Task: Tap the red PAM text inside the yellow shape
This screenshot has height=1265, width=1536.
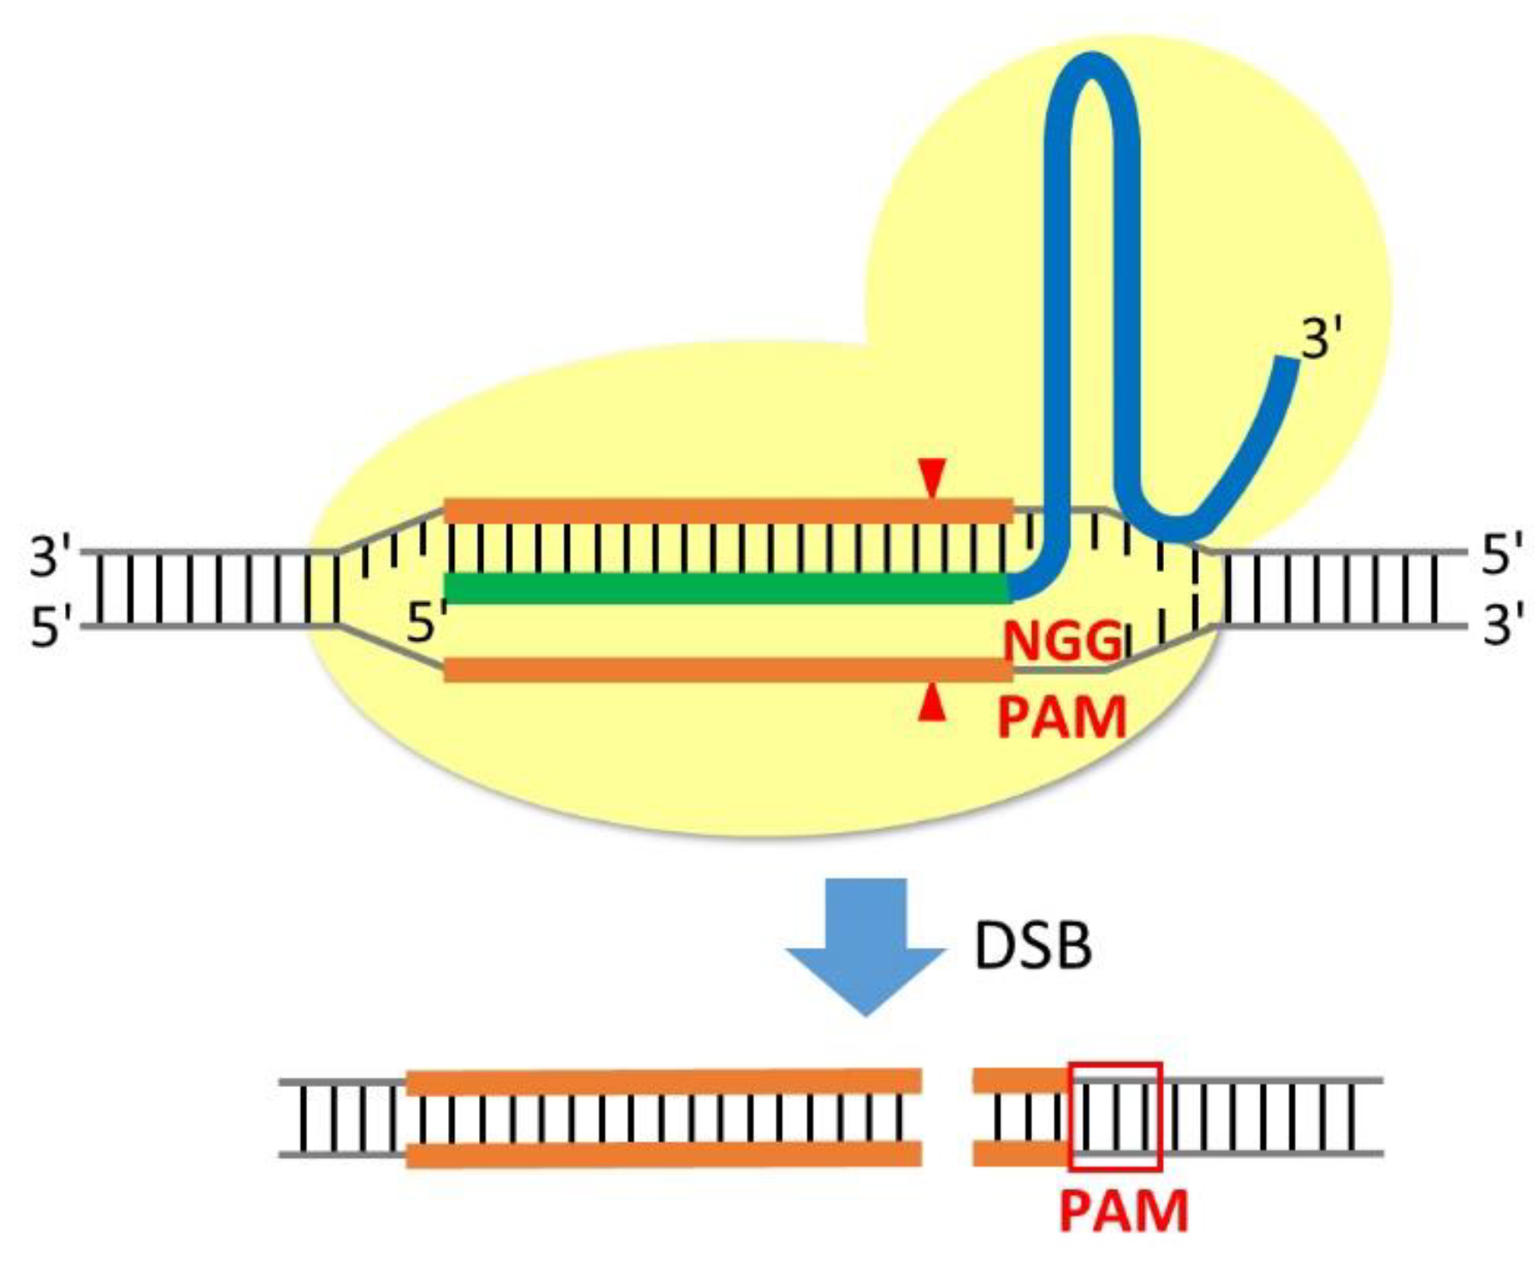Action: [1061, 718]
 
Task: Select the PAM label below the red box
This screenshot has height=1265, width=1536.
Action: [1123, 1211]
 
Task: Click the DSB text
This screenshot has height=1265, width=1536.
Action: [1033, 947]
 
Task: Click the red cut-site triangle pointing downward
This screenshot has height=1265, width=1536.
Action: [931, 476]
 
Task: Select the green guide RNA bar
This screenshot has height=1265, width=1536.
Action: [727, 588]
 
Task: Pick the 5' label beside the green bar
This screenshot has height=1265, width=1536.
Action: [426, 623]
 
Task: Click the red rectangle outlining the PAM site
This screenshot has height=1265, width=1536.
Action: [1115, 1116]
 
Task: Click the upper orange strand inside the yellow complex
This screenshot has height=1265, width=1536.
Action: [727, 511]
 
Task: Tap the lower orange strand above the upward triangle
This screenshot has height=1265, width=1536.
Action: [727, 669]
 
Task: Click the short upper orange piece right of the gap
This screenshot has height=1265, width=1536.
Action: [1019, 1080]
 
